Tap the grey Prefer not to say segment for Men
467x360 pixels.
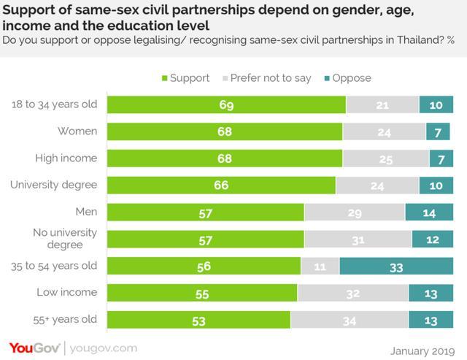tap(355, 212)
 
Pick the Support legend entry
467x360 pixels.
tap(185, 78)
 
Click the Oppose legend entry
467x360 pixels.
tap(349, 78)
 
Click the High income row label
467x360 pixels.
tap(66, 158)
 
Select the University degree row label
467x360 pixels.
tap(54, 185)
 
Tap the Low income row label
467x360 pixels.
tap(67, 292)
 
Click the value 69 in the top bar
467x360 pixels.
tap(226, 105)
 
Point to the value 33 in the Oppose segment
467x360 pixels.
tap(396, 267)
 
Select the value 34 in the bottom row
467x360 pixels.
tap(349, 320)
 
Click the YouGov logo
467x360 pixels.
tap(34, 348)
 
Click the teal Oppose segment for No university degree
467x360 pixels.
tap(432, 239)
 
